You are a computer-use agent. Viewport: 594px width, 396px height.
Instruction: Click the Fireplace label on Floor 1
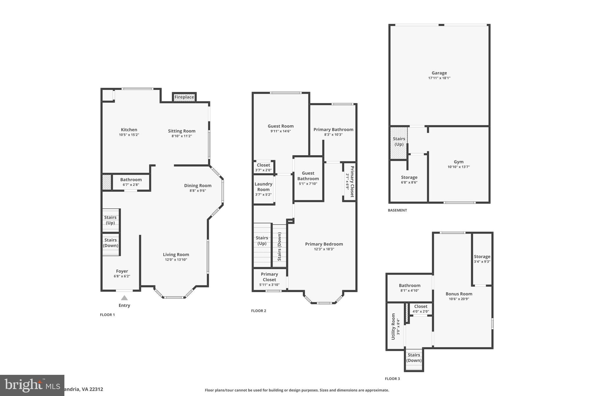pyautogui.click(x=184, y=97)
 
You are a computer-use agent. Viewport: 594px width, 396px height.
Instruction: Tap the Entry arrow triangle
pyautogui.click(x=124, y=298)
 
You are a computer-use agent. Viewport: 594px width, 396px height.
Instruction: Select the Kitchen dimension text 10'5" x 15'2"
pyautogui.click(x=129, y=135)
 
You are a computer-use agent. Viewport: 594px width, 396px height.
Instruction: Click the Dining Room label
pyautogui.click(x=198, y=186)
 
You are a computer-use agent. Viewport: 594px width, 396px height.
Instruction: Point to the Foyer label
pyautogui.click(x=122, y=271)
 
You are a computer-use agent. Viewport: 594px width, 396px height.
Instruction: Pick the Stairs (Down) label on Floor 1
pyautogui.click(x=111, y=243)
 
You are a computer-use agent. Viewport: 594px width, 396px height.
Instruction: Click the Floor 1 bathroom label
pyautogui.click(x=131, y=180)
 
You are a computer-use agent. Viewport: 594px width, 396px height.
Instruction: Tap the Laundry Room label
pyautogui.click(x=263, y=187)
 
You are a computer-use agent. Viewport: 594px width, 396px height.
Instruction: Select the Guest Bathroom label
pyautogui.click(x=308, y=176)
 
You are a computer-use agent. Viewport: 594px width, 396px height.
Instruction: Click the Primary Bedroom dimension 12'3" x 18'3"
pyautogui.click(x=324, y=249)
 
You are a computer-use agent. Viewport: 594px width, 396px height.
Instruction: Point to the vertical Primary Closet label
pyautogui.click(x=352, y=182)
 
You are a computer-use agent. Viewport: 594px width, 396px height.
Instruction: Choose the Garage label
pyautogui.click(x=439, y=73)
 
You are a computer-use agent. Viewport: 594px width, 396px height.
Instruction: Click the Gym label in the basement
pyautogui.click(x=459, y=162)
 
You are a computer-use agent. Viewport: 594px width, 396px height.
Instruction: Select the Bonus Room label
pyautogui.click(x=459, y=294)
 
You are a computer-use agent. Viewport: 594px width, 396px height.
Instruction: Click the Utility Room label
pyautogui.click(x=393, y=326)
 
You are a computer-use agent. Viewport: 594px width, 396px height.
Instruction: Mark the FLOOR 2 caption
pyautogui.click(x=258, y=311)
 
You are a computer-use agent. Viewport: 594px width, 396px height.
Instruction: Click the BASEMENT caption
pyautogui.click(x=397, y=210)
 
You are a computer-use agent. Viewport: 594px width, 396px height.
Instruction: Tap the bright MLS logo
pyautogui.click(x=32, y=385)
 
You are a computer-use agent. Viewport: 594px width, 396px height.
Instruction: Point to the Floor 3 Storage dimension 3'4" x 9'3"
pyautogui.click(x=482, y=262)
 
